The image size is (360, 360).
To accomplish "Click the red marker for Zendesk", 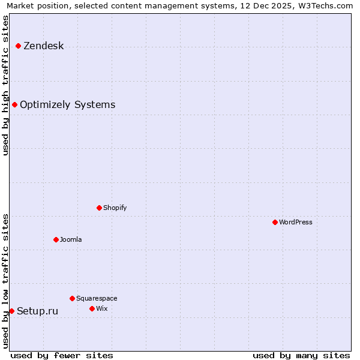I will pos(19,46).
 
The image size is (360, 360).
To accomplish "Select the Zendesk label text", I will pos(43,46).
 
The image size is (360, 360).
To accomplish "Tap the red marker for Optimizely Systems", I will pos(15,105).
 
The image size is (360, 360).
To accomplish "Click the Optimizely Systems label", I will pos(67,105).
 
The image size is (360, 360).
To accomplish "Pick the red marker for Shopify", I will pos(100,208).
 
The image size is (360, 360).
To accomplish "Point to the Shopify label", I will pos(115,208).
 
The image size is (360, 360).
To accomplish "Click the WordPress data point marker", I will pos(275,223).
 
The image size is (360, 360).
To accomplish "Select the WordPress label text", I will pos(296,223).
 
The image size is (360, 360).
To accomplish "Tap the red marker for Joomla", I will pos(56,240).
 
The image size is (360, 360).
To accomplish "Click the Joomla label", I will pos(71,240).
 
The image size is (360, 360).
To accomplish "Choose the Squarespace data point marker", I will pos(73,299).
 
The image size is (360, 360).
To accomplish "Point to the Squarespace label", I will pos(97,299).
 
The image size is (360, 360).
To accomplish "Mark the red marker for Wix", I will pos(92,309).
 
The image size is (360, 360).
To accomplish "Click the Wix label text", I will pos(102,309).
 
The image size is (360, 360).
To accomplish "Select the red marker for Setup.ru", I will pos(11,311).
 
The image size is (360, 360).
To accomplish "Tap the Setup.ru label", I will pos(37,311).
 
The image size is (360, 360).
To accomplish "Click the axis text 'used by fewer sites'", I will pos(62,355).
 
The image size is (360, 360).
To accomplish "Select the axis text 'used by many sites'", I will pos(301,355).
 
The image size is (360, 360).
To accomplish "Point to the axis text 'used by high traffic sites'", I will pos(6,85).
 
